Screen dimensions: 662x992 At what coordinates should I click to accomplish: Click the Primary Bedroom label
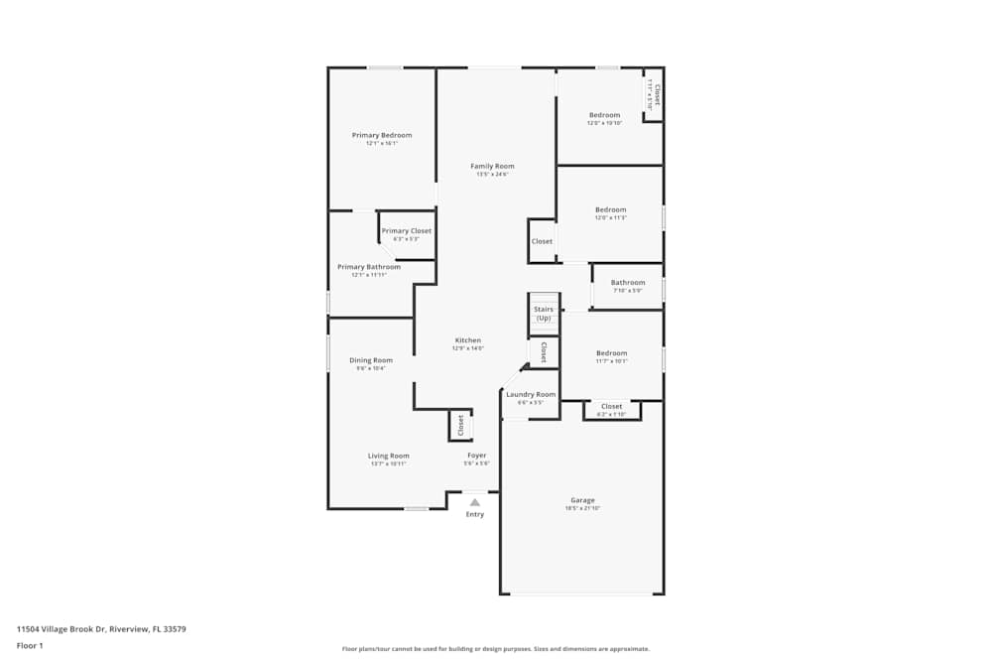tap(381, 135)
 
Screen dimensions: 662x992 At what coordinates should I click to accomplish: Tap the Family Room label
tap(492, 166)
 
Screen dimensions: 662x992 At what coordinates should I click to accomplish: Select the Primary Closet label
tap(407, 230)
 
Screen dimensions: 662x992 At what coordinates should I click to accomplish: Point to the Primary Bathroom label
tap(369, 267)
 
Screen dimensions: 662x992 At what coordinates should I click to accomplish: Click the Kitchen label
tap(467, 340)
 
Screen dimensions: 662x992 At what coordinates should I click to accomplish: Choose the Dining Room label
tap(370, 360)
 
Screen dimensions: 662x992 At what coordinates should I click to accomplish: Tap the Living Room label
tap(388, 456)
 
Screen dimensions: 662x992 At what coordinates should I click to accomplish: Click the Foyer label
tap(477, 456)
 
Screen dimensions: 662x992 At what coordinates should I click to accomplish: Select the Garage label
tap(582, 500)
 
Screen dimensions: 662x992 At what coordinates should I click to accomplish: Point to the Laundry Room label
tap(531, 394)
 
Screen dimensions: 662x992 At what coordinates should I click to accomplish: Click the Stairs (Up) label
tap(544, 314)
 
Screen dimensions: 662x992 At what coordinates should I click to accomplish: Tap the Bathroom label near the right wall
tap(627, 283)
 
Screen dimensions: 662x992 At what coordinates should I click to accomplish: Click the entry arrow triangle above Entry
tap(475, 502)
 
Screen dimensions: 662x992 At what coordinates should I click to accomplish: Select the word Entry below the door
tap(475, 514)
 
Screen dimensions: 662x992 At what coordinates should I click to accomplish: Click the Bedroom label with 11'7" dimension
tap(611, 353)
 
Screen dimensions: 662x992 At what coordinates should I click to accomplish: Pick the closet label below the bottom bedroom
tap(612, 406)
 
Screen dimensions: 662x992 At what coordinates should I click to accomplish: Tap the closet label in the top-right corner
tap(656, 95)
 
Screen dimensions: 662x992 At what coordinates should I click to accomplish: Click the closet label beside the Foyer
tap(460, 426)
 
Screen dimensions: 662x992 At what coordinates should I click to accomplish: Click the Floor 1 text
tap(30, 645)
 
